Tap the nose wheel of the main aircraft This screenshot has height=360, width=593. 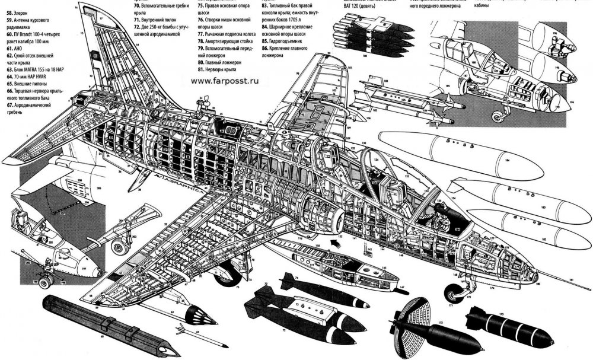455,292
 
